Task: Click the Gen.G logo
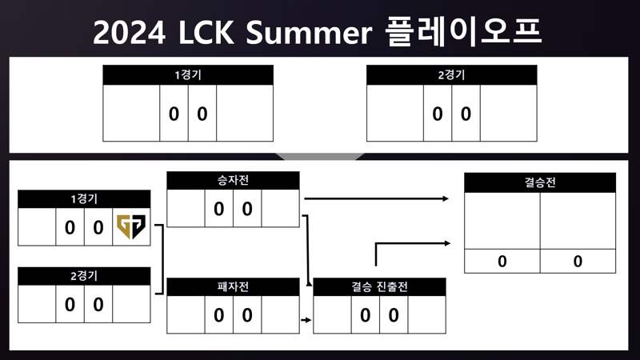(131, 226)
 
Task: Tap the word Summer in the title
(309, 33)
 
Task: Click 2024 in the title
(129, 33)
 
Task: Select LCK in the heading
(206, 33)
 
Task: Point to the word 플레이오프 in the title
(463, 32)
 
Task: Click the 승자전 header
(233, 181)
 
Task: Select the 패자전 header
(233, 286)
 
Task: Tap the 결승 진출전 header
(379, 286)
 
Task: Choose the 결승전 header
(540, 182)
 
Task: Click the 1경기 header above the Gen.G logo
(84, 199)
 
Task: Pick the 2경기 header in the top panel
(451, 75)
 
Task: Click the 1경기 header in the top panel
(188, 75)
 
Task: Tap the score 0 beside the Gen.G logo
(98, 227)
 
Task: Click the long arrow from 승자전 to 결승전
(376, 198)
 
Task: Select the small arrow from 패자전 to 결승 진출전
(306, 320)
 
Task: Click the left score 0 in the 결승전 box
(502, 262)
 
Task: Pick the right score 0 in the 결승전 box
(578, 262)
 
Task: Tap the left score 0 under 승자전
(218, 209)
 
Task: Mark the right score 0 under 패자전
(247, 315)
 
